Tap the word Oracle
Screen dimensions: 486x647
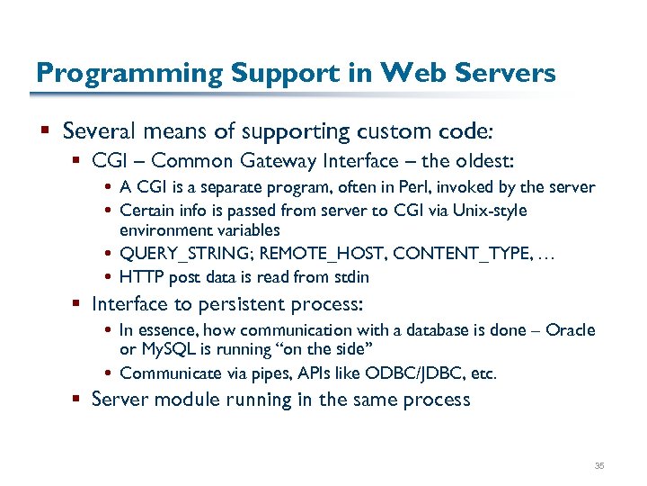(x=570, y=330)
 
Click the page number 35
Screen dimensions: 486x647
(x=600, y=465)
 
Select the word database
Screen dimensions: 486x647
(x=425, y=330)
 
